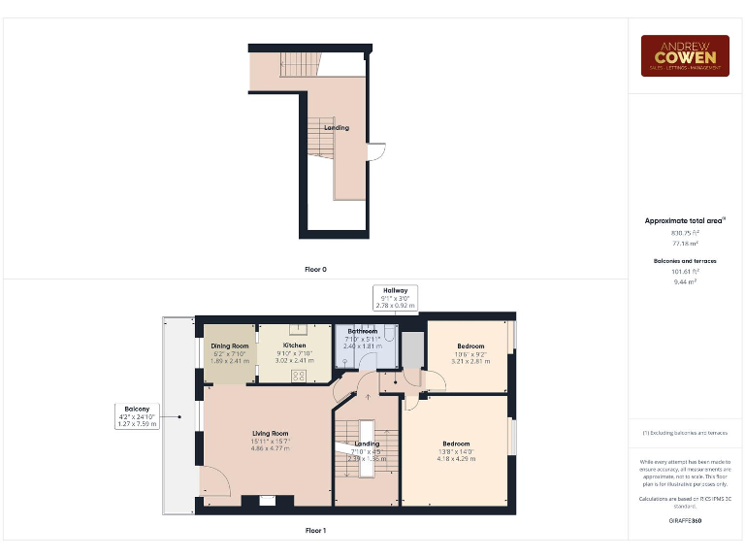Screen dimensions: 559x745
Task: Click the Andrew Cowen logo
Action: (685, 55)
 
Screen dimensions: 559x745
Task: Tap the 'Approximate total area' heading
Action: (685, 221)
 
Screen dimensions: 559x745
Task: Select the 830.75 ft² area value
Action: (685, 233)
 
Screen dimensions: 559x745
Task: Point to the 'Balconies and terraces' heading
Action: (685, 261)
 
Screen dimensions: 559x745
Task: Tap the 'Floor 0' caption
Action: (315, 269)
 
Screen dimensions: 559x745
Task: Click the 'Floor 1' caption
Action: (315, 531)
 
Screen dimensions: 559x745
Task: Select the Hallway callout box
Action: (395, 298)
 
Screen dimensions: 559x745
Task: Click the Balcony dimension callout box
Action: (135, 415)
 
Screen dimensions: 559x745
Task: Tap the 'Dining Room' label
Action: (230, 345)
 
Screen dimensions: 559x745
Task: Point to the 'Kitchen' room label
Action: (295, 345)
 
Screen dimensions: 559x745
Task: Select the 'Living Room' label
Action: (270, 434)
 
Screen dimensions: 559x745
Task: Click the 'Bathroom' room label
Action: (362, 331)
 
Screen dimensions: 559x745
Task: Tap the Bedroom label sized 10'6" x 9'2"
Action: (470, 346)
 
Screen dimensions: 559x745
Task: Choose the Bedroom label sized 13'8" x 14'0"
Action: (455, 444)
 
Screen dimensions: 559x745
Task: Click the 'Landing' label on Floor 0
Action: (337, 128)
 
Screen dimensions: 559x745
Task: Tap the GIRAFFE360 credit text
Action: (685, 521)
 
